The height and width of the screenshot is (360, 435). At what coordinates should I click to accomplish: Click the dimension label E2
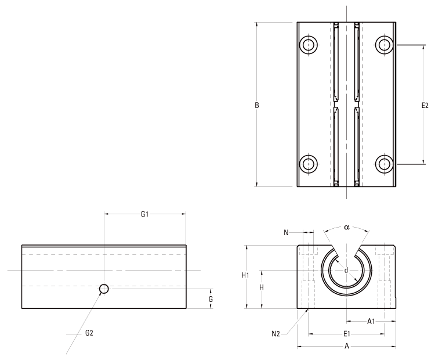click(x=425, y=106)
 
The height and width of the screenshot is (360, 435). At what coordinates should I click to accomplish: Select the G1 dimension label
click(x=145, y=214)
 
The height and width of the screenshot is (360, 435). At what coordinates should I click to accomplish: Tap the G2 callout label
click(x=89, y=333)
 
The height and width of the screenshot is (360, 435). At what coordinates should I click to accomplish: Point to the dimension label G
click(x=211, y=298)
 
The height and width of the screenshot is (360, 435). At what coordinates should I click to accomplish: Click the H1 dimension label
click(x=245, y=276)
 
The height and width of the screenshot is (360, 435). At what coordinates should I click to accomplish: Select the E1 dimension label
click(x=346, y=334)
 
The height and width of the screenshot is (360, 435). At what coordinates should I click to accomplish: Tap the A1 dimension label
click(x=371, y=321)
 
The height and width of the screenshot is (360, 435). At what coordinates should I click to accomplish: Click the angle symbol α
click(x=346, y=228)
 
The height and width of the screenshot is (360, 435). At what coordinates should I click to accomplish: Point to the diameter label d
click(x=346, y=270)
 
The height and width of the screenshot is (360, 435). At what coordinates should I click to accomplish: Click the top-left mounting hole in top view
click(x=309, y=44)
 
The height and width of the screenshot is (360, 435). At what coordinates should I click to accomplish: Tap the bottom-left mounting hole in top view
click(x=309, y=164)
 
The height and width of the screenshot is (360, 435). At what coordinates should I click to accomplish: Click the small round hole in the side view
click(x=104, y=289)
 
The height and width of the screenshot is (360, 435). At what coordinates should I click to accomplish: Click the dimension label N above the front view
click(x=287, y=233)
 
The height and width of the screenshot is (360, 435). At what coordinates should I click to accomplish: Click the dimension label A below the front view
click(x=346, y=347)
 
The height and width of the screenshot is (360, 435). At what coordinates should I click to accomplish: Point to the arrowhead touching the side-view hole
click(x=101, y=293)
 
